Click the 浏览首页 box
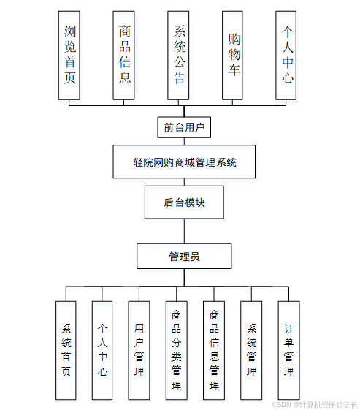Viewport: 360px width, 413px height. pyautogui.click(x=69, y=55)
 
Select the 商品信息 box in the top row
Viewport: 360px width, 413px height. pyautogui.click(x=123, y=55)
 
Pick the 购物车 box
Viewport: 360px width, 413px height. pyautogui.click(x=234, y=55)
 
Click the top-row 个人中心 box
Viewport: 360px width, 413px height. pyautogui.click(x=288, y=55)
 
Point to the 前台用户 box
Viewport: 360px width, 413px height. pyautogui.click(x=184, y=127)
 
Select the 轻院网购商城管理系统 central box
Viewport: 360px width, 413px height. pyautogui.click(x=184, y=162)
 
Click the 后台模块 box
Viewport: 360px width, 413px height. pyautogui.click(x=184, y=202)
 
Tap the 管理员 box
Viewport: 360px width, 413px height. pyautogui.click(x=184, y=256)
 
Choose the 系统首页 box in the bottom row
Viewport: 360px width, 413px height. pyautogui.click(x=66, y=350)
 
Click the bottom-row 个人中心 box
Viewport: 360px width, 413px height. pyautogui.click(x=102, y=350)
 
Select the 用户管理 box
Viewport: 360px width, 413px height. pyautogui.click(x=139, y=350)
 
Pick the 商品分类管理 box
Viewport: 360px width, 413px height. pyautogui.click(x=176, y=350)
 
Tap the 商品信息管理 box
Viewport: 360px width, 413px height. pyautogui.click(x=214, y=350)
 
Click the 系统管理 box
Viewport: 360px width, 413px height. pyautogui.click(x=251, y=350)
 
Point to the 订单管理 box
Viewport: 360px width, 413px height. pyautogui.click(x=288, y=350)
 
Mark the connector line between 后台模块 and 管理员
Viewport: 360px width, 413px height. pyautogui.click(x=184, y=231)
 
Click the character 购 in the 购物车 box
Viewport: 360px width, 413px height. pyautogui.click(x=234, y=39)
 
